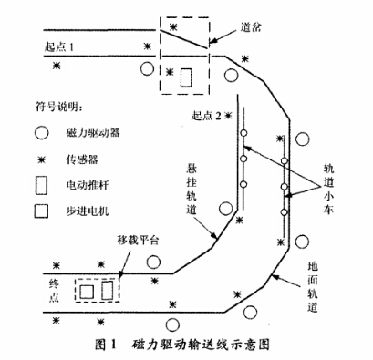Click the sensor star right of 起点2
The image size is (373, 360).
coord(229,116)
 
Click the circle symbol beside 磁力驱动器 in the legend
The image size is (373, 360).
coord(40,133)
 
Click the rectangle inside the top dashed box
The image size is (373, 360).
coord(187,77)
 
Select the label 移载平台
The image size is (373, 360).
coord(138,240)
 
